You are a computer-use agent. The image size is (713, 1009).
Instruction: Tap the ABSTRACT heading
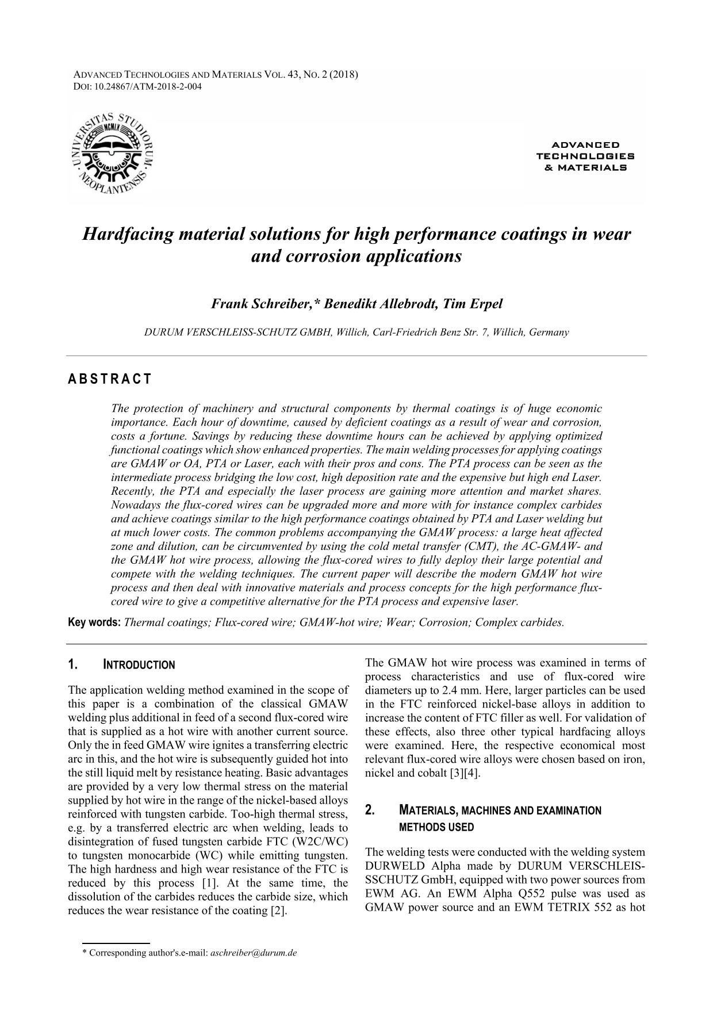coord(110,379)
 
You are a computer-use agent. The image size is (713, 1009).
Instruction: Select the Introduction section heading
coord(139,665)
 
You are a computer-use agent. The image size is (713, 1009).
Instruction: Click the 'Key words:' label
coord(94,622)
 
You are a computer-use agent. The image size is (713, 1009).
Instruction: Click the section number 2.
coord(370,811)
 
